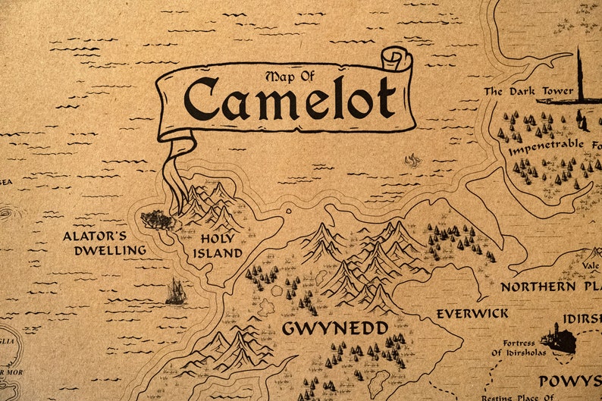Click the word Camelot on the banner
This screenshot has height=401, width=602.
(289, 99)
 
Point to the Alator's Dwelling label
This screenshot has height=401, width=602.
(105, 243)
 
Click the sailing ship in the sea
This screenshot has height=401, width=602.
(176, 292)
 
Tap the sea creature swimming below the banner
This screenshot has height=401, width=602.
(413, 161)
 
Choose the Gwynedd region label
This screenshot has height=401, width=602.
(335, 328)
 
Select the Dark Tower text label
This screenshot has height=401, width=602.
(515, 92)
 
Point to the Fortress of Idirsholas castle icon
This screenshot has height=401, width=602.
(559, 339)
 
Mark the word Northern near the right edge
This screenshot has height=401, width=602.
(538, 287)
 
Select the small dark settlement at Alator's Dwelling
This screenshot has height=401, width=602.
(158, 220)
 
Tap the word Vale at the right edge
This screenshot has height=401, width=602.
(591, 265)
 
